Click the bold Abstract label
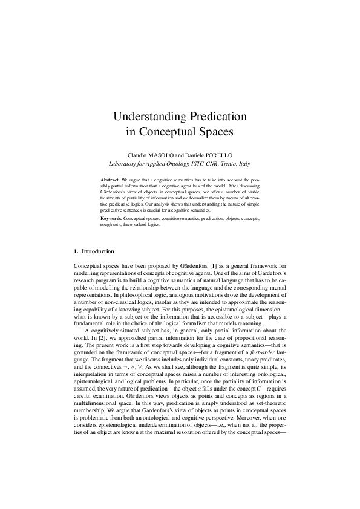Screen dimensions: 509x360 click(x=110, y=180)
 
